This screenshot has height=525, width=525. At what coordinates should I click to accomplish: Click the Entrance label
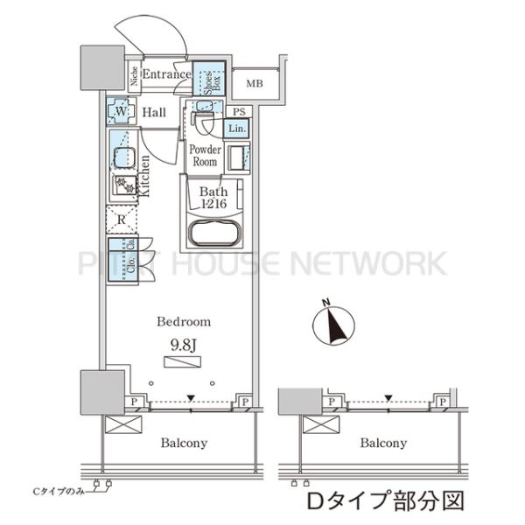pos(166,74)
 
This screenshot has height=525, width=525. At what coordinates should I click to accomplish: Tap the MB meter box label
pos(254,84)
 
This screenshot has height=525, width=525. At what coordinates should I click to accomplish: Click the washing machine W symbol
pos(120,112)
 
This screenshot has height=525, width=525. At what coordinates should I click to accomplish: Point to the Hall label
pos(156,112)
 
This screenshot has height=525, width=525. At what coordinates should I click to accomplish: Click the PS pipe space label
pos(238,110)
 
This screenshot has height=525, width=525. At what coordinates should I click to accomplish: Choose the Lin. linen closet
pos(235,129)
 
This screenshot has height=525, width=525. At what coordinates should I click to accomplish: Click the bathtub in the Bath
pos(214,234)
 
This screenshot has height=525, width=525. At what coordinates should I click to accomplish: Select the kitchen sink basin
pos(121,160)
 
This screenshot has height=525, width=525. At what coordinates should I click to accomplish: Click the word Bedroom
pos(184,322)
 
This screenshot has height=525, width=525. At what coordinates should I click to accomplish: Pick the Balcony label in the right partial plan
pos(383,443)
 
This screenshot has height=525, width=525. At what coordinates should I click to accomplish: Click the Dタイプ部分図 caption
pos(381,501)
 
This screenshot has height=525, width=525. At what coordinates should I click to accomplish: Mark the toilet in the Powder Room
pos(203,120)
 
